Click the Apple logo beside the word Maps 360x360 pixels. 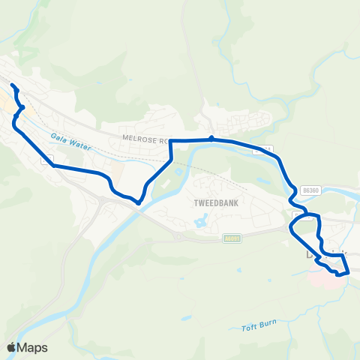pos(12,347)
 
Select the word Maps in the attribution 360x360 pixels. pos(33,347)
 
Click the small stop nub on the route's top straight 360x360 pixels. pos(212,138)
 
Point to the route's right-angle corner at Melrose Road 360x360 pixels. pos(172,140)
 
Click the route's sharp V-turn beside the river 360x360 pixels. pos(139,201)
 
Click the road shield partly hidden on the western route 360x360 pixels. pos(46,160)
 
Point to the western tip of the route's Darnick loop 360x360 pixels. pos(291,226)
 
